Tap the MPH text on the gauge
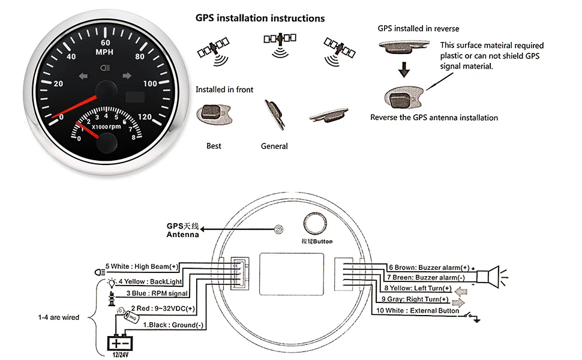[x=106, y=52]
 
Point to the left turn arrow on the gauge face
[x=82, y=76]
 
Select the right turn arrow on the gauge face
[x=127, y=76]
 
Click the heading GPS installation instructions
[x=260, y=18]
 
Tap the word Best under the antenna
[x=214, y=146]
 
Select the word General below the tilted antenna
[x=274, y=146]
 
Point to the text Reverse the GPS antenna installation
[x=434, y=118]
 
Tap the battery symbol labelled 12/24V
[x=121, y=344]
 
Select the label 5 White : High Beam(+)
[x=142, y=266]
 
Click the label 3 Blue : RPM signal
[x=156, y=293]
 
